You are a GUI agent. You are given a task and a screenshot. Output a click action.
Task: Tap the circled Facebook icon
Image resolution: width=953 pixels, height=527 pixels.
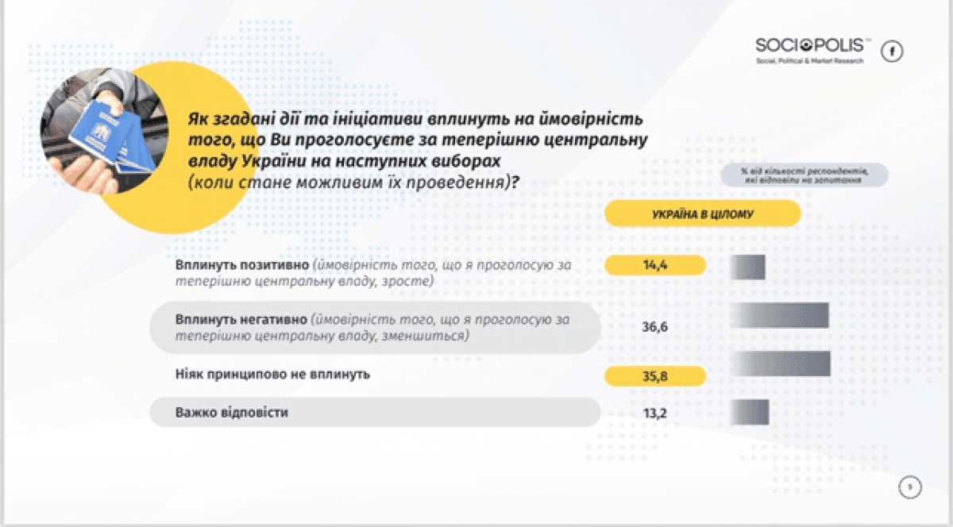(x=893, y=52)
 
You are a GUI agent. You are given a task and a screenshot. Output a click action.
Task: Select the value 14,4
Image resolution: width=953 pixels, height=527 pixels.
(x=654, y=266)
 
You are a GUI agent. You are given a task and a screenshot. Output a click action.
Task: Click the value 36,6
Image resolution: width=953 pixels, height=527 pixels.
(x=654, y=325)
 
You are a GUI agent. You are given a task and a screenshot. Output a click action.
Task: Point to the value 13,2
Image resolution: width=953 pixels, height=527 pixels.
(x=654, y=412)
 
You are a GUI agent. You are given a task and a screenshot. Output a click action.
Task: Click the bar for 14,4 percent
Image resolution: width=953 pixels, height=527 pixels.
(x=747, y=267)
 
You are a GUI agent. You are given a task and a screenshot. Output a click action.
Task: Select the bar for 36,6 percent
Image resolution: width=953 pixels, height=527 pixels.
(x=779, y=315)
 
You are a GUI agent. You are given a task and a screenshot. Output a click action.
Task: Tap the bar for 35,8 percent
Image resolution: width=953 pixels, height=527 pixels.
(x=780, y=363)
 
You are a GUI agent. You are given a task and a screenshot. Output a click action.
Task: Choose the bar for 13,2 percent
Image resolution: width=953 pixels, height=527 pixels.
(x=749, y=412)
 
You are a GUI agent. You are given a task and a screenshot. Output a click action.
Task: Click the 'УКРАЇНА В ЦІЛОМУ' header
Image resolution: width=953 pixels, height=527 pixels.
(x=702, y=213)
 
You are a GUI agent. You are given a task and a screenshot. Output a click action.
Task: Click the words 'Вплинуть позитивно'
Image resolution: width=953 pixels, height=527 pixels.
(x=241, y=264)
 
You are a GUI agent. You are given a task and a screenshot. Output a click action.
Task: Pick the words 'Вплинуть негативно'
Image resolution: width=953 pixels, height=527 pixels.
(x=241, y=320)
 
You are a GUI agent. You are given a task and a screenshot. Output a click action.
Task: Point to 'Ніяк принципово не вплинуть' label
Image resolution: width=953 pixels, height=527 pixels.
(x=273, y=372)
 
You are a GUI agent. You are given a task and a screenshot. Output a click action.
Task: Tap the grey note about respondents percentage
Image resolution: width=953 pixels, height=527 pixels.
(x=804, y=175)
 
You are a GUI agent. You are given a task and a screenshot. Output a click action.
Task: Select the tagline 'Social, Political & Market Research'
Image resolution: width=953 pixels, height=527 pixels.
(x=808, y=61)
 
